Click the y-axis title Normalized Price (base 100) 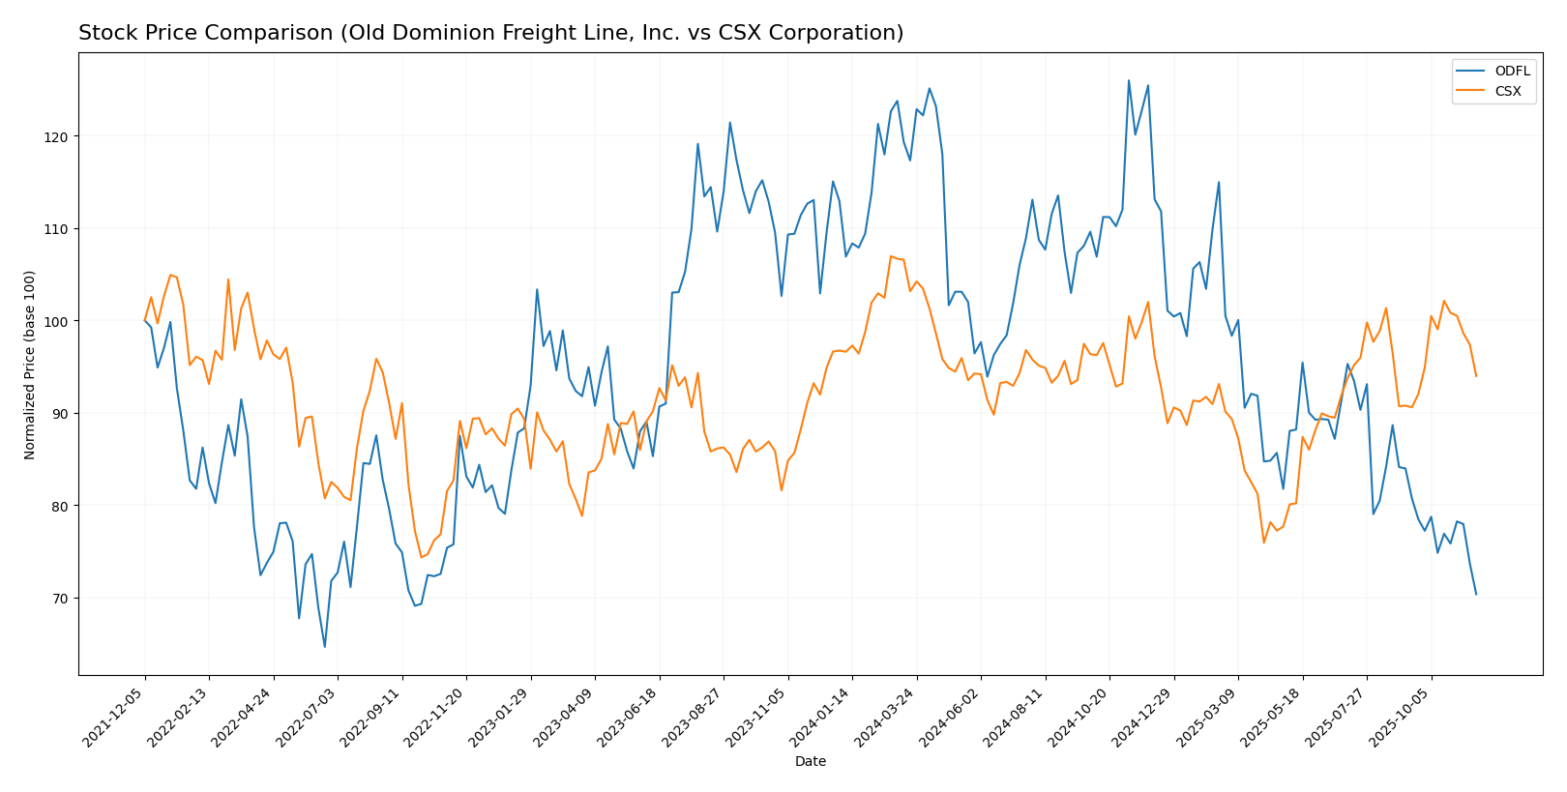pyautogui.click(x=30, y=365)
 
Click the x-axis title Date pyautogui.click(x=811, y=762)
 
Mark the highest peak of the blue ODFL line pyautogui.click(x=1128, y=80)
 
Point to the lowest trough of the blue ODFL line pyautogui.click(x=325, y=647)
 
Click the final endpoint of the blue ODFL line pyautogui.click(x=1476, y=594)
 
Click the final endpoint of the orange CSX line pyautogui.click(x=1476, y=376)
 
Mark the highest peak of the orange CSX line pyautogui.click(x=890, y=256)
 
